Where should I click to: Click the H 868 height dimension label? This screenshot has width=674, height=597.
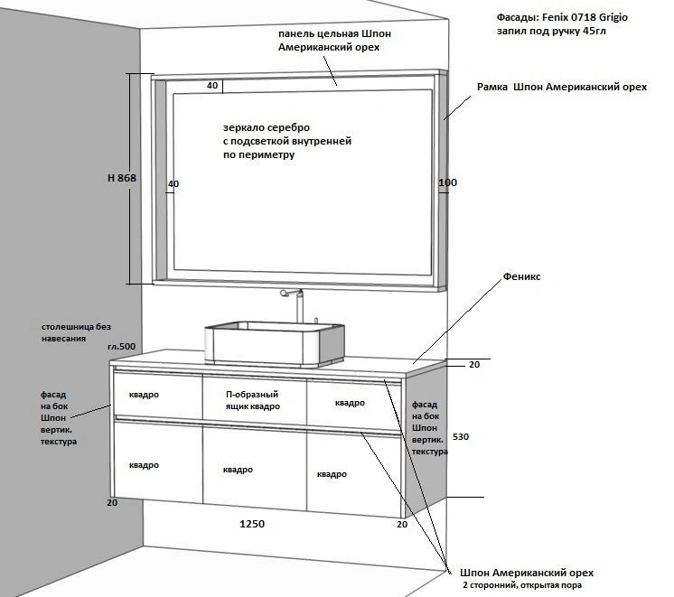click(x=121, y=179)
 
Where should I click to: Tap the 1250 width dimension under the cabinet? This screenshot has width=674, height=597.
click(x=252, y=524)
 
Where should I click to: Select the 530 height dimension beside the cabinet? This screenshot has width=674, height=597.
click(x=461, y=436)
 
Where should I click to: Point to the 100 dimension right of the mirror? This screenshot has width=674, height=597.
click(x=448, y=183)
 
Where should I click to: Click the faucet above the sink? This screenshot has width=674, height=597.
click(x=295, y=303)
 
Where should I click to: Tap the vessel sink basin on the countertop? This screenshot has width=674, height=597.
click(x=276, y=340)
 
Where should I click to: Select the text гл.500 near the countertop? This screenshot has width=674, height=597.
click(x=120, y=347)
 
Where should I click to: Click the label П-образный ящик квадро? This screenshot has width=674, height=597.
click(x=252, y=400)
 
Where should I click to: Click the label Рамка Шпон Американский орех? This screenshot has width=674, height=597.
click(x=562, y=88)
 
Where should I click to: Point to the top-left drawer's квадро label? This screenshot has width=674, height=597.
click(x=145, y=395)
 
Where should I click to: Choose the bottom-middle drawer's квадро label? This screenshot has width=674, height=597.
click(x=238, y=470)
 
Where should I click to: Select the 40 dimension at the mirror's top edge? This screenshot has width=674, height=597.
click(x=212, y=86)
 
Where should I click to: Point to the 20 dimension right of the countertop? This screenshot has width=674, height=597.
click(x=474, y=365)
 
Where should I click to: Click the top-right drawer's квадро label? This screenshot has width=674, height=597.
click(x=350, y=402)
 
